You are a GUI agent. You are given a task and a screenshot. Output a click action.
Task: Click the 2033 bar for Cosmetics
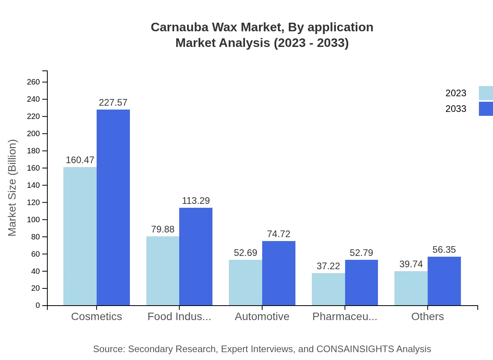(113, 207)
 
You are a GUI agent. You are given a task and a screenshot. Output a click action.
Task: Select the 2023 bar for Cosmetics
(80, 236)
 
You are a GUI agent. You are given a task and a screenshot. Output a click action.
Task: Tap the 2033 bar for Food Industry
(196, 257)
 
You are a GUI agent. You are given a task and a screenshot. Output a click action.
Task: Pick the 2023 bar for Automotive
(245, 283)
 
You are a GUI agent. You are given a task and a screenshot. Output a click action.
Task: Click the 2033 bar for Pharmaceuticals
(362, 283)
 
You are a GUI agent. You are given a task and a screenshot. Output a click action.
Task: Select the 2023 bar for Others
(411, 288)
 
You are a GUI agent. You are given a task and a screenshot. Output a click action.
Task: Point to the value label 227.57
(113, 103)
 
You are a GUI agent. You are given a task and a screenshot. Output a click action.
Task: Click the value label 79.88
(163, 229)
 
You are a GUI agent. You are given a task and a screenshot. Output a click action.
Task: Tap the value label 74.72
(279, 234)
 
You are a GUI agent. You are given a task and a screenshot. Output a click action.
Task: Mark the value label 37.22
(328, 266)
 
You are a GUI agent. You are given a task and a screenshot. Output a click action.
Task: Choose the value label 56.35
(444, 250)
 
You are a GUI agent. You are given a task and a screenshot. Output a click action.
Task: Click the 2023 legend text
(456, 93)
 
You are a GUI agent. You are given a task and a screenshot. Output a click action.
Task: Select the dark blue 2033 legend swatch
(486, 109)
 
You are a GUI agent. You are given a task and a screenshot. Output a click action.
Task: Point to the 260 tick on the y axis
(33, 82)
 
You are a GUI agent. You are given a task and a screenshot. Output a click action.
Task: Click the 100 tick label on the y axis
(33, 220)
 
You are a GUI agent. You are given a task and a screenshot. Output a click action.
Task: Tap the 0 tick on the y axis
(38, 306)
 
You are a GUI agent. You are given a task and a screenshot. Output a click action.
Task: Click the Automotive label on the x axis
(262, 317)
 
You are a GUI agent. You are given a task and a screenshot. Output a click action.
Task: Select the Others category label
(428, 317)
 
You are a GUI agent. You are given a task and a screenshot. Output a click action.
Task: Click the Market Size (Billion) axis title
(13, 188)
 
